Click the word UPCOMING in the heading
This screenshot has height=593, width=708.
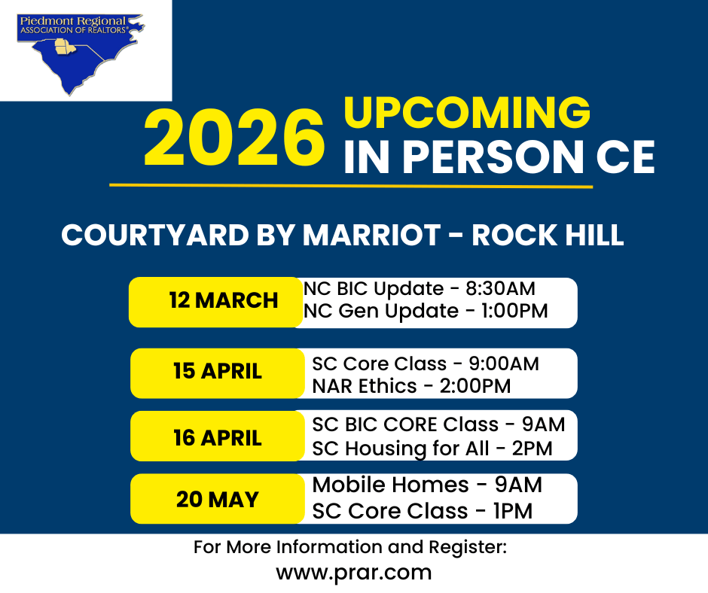click(x=467, y=113)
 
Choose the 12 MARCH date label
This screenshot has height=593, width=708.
click(x=224, y=300)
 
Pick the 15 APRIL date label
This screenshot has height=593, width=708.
click(x=218, y=371)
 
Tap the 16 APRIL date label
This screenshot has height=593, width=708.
click(x=218, y=437)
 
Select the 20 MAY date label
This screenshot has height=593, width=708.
click(x=218, y=499)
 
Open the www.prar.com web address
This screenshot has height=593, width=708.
click(x=353, y=573)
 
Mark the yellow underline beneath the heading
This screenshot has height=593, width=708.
click(x=351, y=186)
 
